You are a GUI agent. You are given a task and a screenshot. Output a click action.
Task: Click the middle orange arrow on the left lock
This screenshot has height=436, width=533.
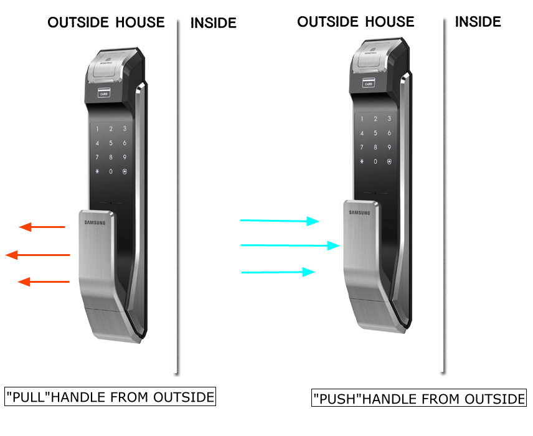(37, 255)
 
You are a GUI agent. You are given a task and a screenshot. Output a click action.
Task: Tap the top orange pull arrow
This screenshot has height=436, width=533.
(42, 227)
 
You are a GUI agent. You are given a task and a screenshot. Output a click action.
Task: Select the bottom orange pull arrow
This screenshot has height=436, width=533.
(43, 282)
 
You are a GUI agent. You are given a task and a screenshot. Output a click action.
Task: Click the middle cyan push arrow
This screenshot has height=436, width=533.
(290, 245)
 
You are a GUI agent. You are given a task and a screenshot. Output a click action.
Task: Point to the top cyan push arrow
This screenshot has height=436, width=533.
(280, 220)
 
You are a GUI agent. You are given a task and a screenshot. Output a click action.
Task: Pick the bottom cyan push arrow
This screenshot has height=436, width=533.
(278, 272)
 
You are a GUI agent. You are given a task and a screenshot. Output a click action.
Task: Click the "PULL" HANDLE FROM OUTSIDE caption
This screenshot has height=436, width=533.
(110, 397)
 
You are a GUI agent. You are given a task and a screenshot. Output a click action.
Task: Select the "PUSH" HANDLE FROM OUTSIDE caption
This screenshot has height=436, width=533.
(418, 399)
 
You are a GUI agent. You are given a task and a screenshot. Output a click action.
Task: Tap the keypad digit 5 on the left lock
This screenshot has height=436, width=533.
(111, 143)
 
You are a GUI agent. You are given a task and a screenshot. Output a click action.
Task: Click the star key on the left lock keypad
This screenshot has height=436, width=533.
(97, 171)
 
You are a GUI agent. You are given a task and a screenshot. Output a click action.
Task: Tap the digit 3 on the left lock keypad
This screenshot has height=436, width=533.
(125, 129)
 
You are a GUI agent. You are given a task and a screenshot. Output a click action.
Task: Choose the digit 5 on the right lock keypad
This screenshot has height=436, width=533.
(375, 133)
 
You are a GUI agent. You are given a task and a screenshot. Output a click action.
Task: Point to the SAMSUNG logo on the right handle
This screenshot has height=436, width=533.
(359, 212)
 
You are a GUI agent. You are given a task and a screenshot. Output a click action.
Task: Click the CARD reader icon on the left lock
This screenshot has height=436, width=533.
(105, 94)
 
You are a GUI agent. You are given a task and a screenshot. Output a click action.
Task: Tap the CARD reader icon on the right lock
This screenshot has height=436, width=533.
(368, 83)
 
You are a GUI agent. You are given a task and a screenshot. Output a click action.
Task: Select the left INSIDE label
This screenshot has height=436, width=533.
(214, 24)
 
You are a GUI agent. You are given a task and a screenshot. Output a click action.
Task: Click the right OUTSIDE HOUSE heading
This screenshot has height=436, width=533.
(356, 22)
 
